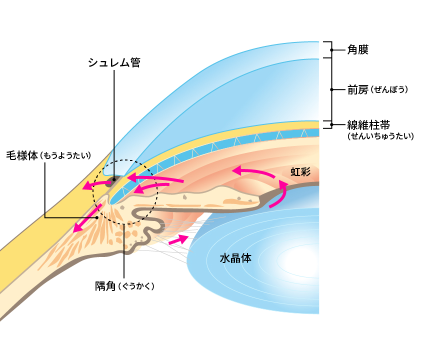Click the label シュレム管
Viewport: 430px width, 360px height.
[113, 62]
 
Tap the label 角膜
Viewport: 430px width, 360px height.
[358, 50]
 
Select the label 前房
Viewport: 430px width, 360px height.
[358, 90]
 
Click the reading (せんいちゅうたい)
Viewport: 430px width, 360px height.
[380, 135]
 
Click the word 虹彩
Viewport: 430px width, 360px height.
[300, 172]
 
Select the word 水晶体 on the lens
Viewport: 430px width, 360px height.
[235, 258]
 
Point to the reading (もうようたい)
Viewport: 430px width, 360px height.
[65, 155]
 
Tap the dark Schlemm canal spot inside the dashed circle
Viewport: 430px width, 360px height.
[114, 178]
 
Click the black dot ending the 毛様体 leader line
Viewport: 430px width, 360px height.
[97, 217]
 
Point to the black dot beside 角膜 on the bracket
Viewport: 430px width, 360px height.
[331, 50]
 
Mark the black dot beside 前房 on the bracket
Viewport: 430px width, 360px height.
[331, 90]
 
